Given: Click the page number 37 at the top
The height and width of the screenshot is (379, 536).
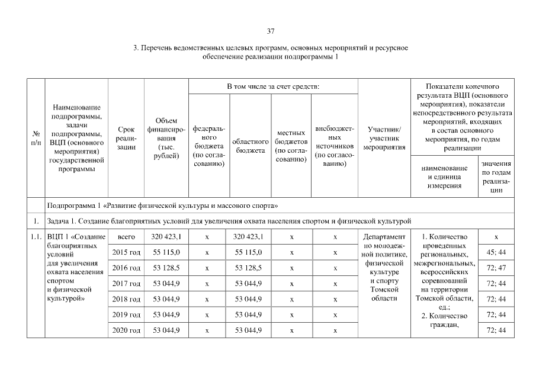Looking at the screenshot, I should (270, 31).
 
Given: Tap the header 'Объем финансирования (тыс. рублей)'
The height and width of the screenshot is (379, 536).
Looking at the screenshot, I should (166, 138).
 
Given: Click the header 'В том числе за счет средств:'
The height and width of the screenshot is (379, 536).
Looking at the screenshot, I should (273, 87).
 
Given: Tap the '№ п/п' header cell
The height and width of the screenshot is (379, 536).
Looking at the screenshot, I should (37, 138).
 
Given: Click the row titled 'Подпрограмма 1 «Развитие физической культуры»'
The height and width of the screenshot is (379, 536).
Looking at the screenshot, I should (163, 205).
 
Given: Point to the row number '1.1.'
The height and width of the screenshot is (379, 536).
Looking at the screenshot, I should (37, 237).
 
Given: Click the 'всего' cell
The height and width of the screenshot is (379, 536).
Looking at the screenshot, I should (126, 237).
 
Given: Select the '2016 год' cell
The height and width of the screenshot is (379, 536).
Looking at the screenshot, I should (126, 268).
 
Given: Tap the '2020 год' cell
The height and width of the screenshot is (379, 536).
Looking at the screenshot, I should (126, 330).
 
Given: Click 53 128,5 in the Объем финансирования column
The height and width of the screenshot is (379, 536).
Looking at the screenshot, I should (166, 268).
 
